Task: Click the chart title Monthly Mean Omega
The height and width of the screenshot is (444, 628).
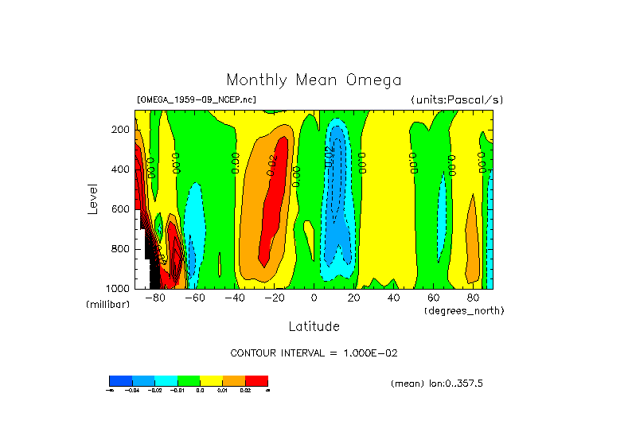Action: click(x=314, y=80)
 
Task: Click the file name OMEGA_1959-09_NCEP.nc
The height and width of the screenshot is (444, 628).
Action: click(x=197, y=100)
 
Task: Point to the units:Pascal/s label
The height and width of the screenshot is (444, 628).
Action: click(x=457, y=100)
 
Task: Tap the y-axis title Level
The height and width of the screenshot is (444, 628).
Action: click(x=92, y=198)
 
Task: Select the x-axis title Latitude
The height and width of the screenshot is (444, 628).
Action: click(x=314, y=326)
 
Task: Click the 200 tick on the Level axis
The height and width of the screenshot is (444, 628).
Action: click(x=121, y=130)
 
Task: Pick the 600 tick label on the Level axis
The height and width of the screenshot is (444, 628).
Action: click(x=121, y=209)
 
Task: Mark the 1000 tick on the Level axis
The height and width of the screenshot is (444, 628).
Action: click(x=119, y=288)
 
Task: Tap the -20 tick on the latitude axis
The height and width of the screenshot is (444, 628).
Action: click(x=274, y=298)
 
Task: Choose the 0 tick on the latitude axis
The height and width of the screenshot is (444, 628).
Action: click(x=314, y=298)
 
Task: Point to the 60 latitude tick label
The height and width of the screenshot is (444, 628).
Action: click(x=434, y=298)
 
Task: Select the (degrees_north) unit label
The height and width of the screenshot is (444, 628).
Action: click(x=464, y=310)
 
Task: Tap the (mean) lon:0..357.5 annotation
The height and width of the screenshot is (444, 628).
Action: click(x=437, y=384)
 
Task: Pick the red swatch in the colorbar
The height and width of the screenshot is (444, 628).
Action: click(x=256, y=380)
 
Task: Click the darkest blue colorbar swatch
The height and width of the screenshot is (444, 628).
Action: click(x=120, y=380)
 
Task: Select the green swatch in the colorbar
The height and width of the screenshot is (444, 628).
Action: click(x=189, y=380)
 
